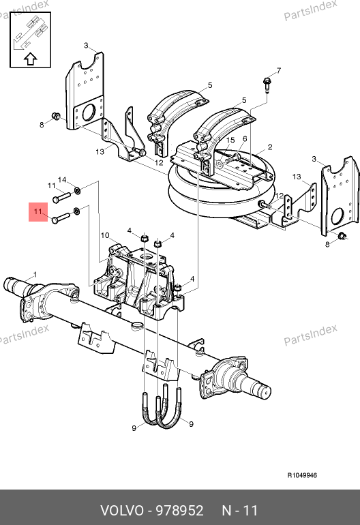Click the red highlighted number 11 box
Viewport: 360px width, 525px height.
38,212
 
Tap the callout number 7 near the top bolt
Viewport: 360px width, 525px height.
279,70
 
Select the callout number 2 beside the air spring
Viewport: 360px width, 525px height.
270,147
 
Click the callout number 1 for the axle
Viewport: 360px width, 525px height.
35,275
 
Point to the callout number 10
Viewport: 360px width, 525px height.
105,235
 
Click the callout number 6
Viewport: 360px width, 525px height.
245,138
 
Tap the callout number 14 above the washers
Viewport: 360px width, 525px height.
62,180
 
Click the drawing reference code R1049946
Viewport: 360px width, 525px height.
302,475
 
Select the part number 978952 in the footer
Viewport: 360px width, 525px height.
180,511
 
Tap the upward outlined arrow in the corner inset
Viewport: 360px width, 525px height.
31,59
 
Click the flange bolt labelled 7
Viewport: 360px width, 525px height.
267,85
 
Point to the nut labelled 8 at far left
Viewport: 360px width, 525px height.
56,116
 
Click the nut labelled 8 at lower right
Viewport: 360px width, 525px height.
342,236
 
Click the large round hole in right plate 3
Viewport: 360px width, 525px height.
338,216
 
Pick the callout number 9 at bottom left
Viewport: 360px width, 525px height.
134,428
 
